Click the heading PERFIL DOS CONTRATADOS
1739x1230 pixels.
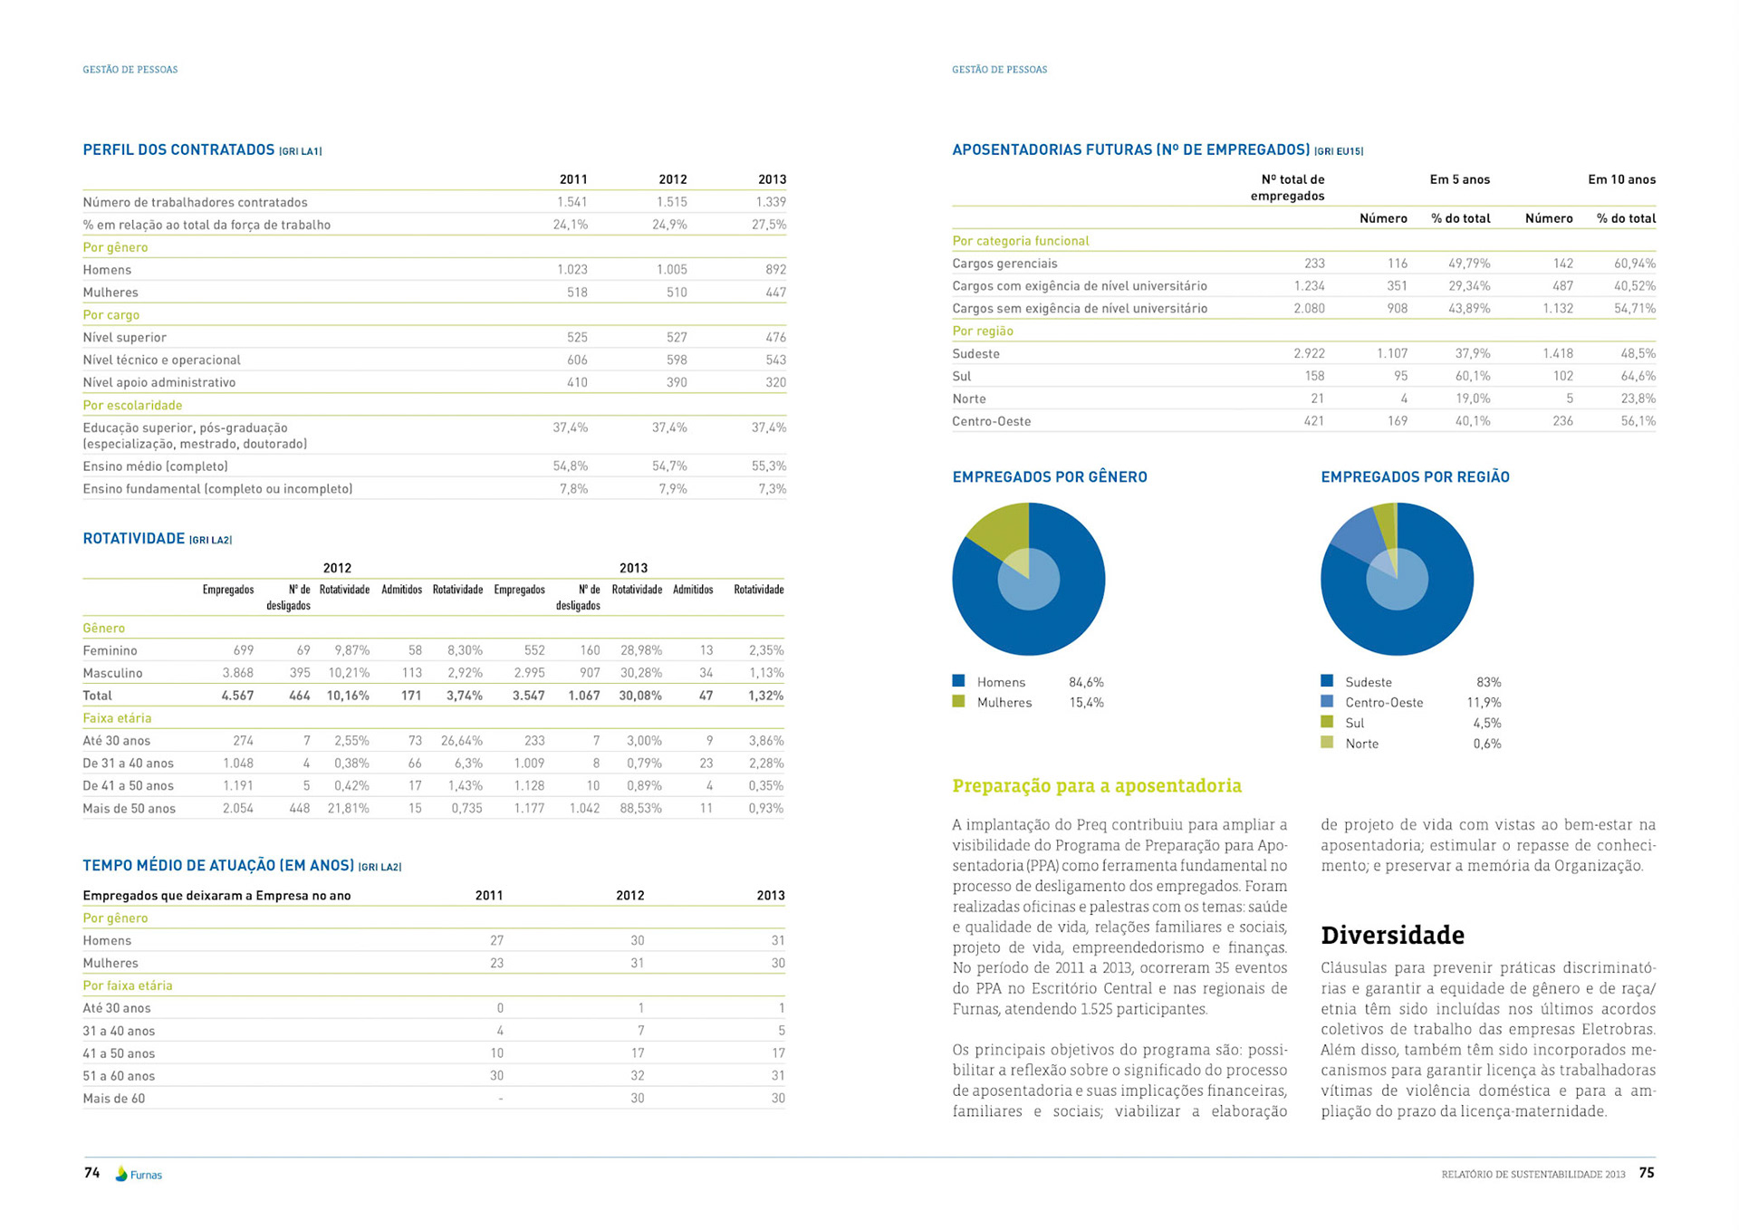(178, 149)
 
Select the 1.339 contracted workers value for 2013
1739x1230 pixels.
(771, 202)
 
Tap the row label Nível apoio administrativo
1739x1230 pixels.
(159, 382)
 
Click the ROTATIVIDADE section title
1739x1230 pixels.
(133, 538)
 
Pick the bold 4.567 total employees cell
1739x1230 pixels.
(237, 696)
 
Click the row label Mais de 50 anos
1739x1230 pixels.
(129, 808)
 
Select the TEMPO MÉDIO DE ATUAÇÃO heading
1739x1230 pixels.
(217, 865)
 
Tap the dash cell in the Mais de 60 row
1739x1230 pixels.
(500, 1099)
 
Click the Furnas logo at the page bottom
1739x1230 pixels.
(139, 1174)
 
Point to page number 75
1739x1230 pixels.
(1646, 1173)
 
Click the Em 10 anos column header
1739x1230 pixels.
(1621, 179)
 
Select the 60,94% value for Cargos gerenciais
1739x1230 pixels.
(1634, 264)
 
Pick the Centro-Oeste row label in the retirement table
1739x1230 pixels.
(991, 421)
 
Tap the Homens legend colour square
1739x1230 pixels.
(958, 680)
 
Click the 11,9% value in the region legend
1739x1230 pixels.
(1484, 702)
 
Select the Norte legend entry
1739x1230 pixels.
(1361, 744)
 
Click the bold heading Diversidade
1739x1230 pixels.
(1392, 935)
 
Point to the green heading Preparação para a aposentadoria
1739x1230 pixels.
(1096, 785)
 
